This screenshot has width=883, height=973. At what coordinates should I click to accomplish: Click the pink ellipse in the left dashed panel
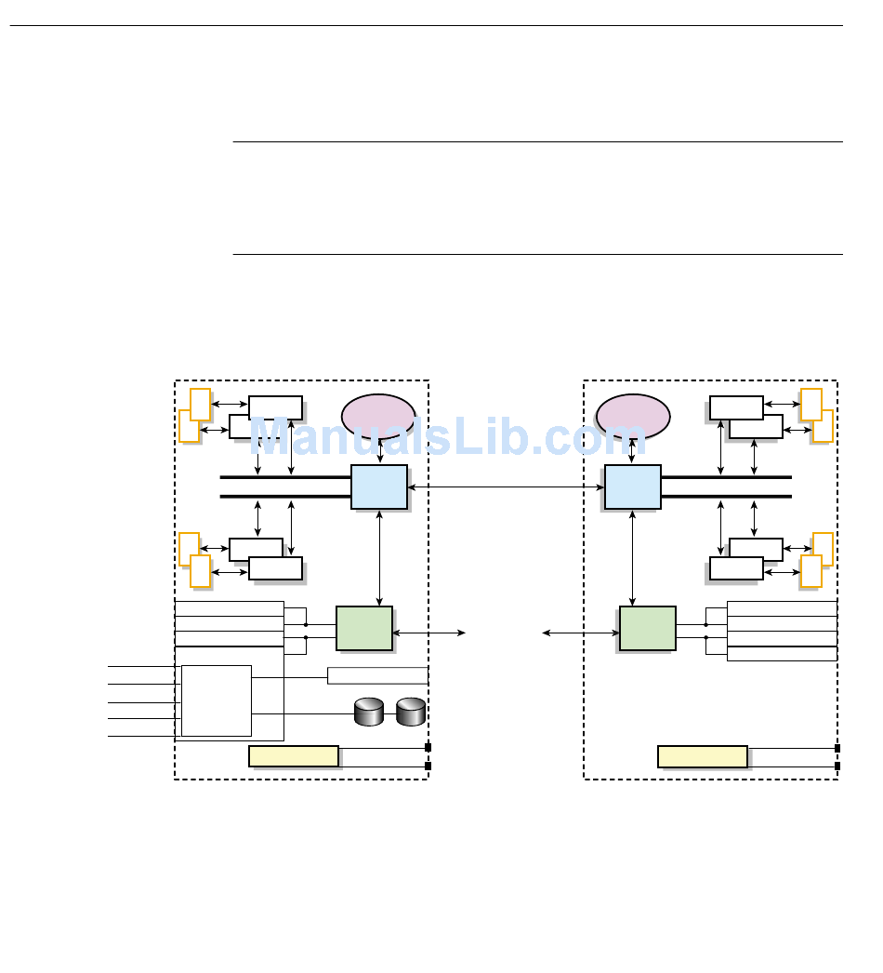click(378, 416)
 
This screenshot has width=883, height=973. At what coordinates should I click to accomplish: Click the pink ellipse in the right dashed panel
click(633, 416)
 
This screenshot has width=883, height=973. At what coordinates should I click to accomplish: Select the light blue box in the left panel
click(379, 486)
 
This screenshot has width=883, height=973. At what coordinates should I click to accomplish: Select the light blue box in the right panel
click(633, 486)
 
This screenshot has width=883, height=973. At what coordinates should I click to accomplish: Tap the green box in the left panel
click(363, 628)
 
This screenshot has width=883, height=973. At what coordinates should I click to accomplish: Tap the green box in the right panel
click(648, 628)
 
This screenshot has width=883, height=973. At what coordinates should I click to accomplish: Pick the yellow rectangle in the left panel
click(294, 755)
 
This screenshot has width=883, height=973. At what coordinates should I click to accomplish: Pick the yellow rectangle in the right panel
click(703, 755)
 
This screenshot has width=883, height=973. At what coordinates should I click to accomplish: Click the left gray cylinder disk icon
click(369, 713)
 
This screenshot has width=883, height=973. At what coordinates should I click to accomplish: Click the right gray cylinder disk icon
click(410, 713)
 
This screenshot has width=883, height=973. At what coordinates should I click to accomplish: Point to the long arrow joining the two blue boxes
click(507, 486)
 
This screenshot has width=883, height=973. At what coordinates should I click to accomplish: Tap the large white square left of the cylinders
click(217, 700)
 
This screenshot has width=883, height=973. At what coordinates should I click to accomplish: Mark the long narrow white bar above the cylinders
click(377, 675)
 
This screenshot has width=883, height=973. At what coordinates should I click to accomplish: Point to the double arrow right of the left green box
click(429, 633)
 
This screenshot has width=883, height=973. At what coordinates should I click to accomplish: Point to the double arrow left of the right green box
click(581, 633)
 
